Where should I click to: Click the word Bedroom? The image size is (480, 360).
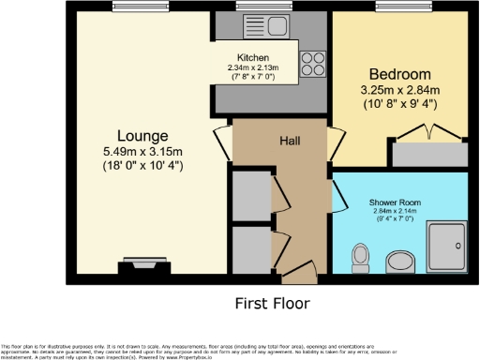point(399,74)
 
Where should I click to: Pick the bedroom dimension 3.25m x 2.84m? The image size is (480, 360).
point(399,90)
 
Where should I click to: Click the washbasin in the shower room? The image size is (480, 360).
point(400,261)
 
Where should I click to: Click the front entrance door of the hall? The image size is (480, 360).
point(298,275)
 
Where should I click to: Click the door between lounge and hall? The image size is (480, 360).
point(221,142)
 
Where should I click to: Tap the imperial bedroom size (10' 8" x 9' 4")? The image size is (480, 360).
point(399,105)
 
